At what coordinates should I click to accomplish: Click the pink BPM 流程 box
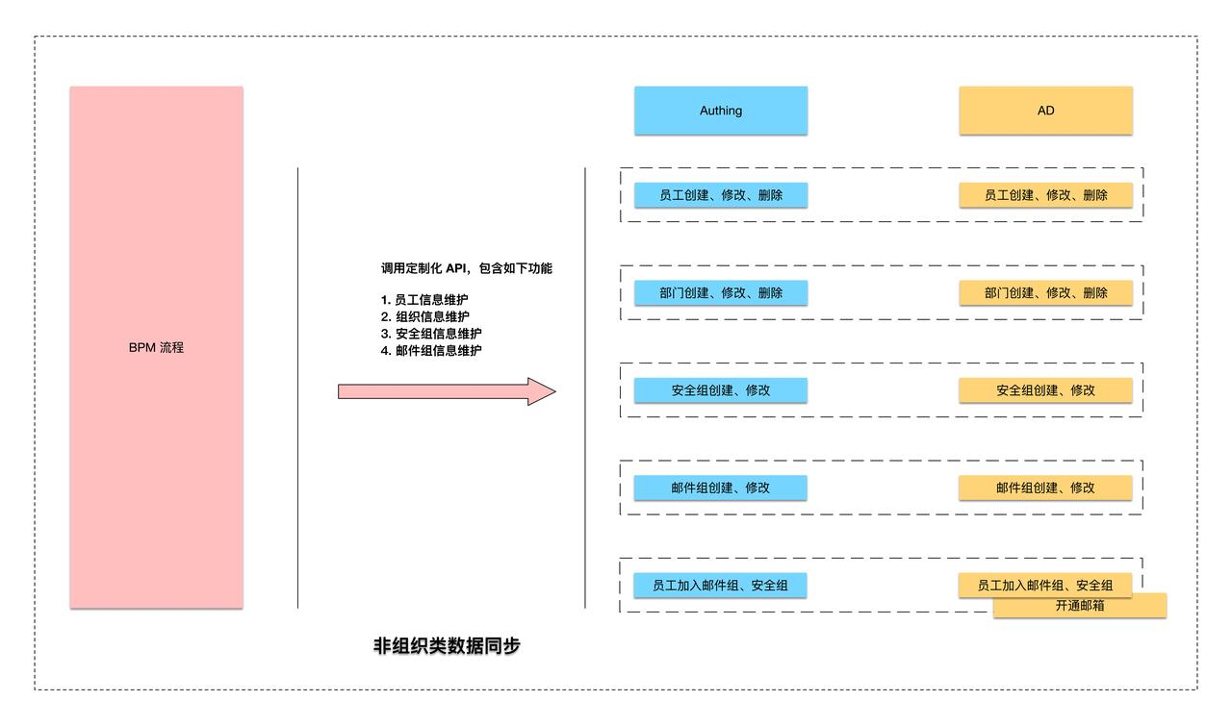pos(156,347)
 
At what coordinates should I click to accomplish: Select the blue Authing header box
pos(720,111)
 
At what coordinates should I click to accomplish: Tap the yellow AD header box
pos(1045,111)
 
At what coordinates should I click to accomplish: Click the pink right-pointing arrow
pos(447,391)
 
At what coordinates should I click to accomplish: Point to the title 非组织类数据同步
pos(447,646)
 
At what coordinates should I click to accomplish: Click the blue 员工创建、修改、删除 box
pos(720,195)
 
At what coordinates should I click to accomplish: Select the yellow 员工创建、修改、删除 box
pos(1045,195)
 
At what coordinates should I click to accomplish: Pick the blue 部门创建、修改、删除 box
pos(720,292)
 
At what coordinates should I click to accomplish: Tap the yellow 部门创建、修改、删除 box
pos(1045,292)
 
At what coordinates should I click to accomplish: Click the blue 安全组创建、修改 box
pos(720,390)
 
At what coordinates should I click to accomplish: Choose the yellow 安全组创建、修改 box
pos(1045,390)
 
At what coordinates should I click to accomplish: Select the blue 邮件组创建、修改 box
pos(720,488)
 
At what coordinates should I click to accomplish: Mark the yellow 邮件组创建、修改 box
pos(1045,488)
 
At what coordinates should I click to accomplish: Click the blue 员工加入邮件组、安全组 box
pos(720,585)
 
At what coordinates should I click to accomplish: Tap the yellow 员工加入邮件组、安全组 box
pos(1045,584)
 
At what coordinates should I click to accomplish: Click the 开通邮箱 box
pos(1080,608)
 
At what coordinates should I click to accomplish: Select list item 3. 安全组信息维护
pos(431,334)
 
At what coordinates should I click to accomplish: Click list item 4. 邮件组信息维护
pos(431,351)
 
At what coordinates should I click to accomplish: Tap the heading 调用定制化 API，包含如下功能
pos(466,268)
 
